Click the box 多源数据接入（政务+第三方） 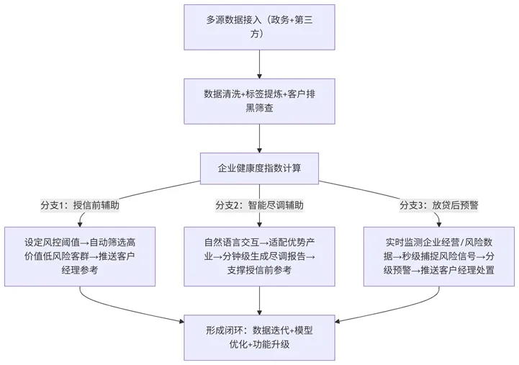(x=259, y=27)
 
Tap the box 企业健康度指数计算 (x=259, y=170)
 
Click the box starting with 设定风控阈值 (x=80, y=256)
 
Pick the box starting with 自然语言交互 (x=259, y=256)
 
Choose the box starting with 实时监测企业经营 (x=439, y=256)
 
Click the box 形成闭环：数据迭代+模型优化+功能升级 (x=259, y=337)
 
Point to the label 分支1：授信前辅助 (x=80, y=205)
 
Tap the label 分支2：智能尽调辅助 (x=259, y=205)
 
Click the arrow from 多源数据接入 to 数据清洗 (x=259, y=63)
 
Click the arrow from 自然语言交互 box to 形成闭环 (x=259, y=300)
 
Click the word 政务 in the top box (x=281, y=19)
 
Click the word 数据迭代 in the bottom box (x=268, y=330)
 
